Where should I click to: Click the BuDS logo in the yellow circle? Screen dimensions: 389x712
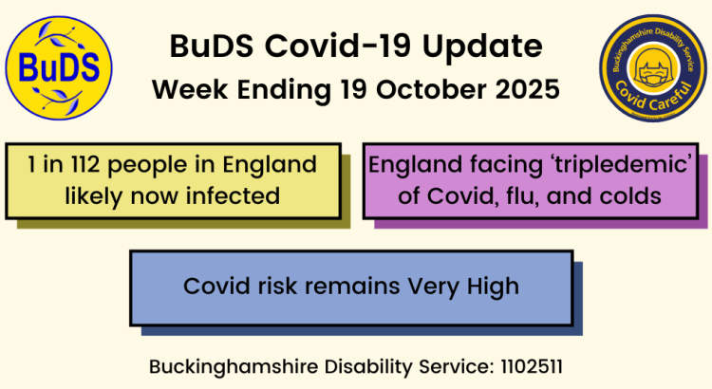[x=59, y=67]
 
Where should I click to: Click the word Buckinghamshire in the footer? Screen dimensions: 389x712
[x=218, y=364]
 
